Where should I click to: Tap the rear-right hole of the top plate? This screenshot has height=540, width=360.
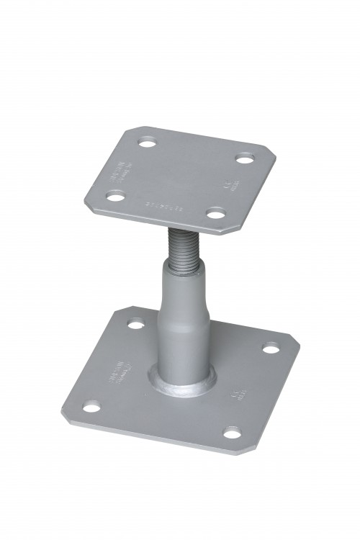pos(245,157)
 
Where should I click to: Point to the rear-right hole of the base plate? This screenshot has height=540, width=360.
pos(270,348)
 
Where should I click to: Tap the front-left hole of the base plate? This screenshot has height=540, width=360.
pos(91,408)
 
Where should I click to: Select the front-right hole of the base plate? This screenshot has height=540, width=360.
pos(232,433)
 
